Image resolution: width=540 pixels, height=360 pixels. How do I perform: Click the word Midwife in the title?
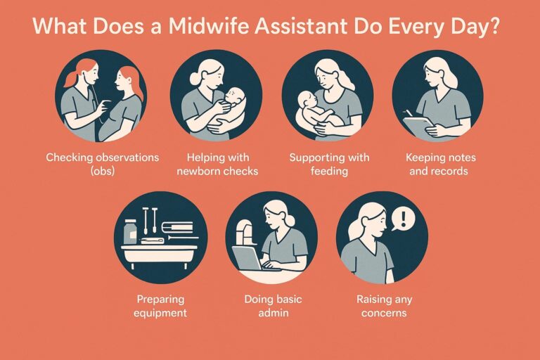pos(209,26)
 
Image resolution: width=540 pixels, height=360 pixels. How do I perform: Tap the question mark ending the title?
pos(493,26)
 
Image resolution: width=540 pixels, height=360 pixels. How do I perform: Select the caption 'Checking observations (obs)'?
pos(102,164)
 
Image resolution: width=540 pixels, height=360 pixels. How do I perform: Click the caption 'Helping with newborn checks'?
pos(217,164)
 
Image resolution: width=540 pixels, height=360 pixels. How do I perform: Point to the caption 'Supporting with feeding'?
pos(329,164)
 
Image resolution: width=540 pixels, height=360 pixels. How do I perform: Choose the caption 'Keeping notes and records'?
pos(440,164)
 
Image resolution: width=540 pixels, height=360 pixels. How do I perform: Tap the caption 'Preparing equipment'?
pos(160,306)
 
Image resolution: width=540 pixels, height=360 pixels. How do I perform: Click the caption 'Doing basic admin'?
pos(273,306)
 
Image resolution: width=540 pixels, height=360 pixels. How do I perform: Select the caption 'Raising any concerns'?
pos(384,306)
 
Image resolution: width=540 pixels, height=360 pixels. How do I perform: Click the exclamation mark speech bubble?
pos(404,219)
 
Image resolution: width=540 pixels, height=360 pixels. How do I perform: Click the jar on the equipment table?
pos(131,232)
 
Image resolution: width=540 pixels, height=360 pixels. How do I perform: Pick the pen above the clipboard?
pos(409,113)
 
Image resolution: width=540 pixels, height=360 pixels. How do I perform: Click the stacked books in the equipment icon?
pos(177,226)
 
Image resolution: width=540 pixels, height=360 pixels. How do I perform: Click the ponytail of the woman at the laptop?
pos(289,221)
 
